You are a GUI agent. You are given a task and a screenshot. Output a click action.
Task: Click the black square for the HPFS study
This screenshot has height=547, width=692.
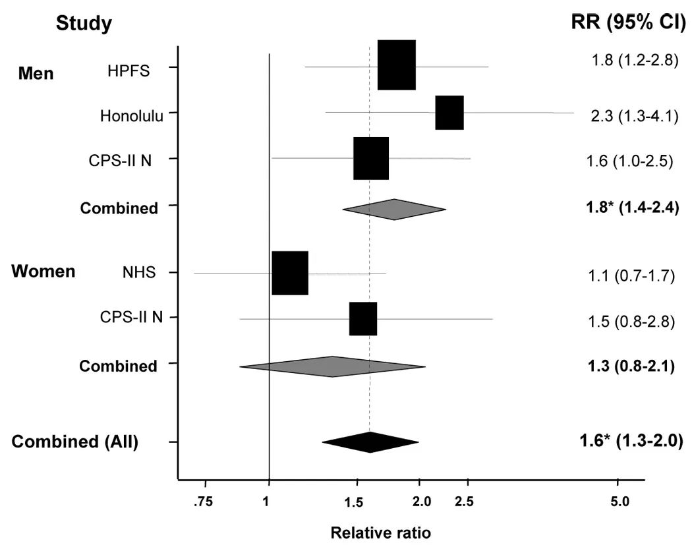coord(396,65)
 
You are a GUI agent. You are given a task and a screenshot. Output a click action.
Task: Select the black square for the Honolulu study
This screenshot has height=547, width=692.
coord(449,113)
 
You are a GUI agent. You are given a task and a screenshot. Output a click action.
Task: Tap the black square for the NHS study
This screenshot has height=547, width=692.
coord(290,273)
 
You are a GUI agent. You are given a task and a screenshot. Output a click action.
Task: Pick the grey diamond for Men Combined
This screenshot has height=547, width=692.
coord(394,210)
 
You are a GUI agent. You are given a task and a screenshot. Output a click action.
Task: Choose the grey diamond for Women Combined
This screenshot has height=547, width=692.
coord(332,366)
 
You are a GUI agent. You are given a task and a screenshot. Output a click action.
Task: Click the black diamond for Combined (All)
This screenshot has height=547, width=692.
coord(370,442)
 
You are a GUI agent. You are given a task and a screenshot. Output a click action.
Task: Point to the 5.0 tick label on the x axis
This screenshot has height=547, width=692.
coord(620,502)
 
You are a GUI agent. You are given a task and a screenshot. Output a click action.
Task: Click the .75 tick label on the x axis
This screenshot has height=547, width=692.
coord(203,502)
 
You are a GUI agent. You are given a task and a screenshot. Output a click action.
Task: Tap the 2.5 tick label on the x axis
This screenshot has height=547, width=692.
coord(464,502)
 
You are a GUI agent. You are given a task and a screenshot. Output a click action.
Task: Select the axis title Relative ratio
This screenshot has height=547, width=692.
coord(380,533)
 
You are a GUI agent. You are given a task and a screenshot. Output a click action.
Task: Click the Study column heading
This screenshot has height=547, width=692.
coord(84,23)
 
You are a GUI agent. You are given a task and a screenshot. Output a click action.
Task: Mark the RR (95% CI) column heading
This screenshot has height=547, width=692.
coord(629,22)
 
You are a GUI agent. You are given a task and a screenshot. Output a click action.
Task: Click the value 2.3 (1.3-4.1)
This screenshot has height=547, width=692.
coord(635,116)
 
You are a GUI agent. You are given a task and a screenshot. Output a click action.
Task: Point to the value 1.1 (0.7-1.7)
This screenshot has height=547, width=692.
coord(631,276)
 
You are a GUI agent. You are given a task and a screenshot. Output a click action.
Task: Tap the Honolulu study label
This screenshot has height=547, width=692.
coord(132,116)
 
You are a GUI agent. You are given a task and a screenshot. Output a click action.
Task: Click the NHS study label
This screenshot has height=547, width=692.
coord(139,272)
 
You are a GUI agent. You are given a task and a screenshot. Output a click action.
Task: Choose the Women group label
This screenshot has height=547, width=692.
coord(43,271)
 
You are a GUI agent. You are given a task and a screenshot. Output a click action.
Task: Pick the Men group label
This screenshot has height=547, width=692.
coord(36,73)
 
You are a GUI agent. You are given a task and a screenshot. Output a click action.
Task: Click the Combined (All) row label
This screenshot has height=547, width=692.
coord(75,442)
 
